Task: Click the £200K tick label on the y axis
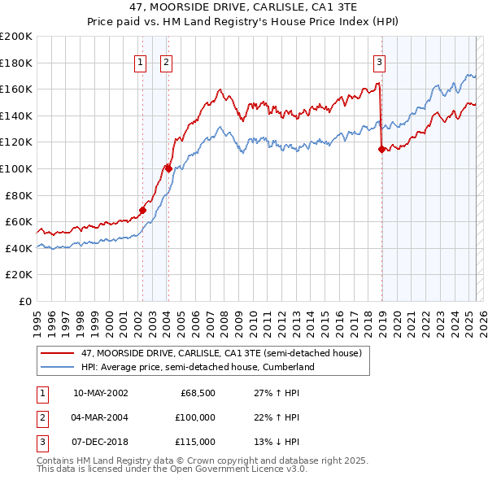pyautogui.click(x=16, y=37)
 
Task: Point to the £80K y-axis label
pyautogui.click(x=19, y=195)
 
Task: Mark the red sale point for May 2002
pyautogui.click(x=142, y=210)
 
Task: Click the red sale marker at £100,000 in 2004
pyautogui.click(x=168, y=168)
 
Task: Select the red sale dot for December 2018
pyautogui.click(x=381, y=149)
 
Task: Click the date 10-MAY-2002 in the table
pyautogui.click(x=100, y=393)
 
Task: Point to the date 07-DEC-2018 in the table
pyautogui.click(x=100, y=442)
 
